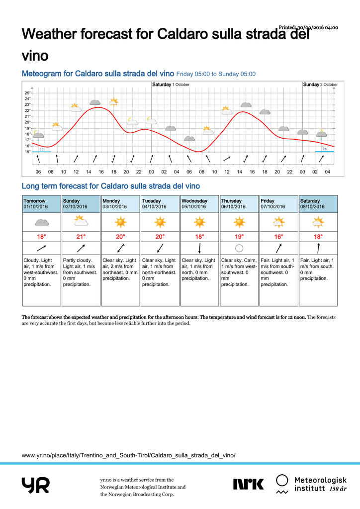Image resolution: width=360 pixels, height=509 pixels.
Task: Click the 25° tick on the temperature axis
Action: click(27, 93)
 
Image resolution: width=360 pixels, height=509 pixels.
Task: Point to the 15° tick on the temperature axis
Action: click(27, 152)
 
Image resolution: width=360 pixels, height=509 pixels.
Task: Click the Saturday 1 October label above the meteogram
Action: click(171, 85)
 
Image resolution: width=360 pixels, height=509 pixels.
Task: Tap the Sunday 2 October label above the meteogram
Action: click(320, 85)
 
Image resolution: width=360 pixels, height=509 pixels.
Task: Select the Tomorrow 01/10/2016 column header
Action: click(42, 204)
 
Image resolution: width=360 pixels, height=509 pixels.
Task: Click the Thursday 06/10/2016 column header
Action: click(239, 204)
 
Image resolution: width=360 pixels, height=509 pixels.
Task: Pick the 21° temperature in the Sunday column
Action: click(81, 237)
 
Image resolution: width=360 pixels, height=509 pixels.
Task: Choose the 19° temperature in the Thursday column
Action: click(239, 237)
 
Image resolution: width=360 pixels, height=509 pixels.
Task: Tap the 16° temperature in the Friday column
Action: click(279, 237)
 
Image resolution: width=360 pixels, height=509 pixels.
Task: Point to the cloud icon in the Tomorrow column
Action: click(42, 222)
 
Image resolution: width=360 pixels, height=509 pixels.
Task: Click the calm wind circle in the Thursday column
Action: click(239, 248)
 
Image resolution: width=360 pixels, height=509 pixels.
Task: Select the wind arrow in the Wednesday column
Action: click(199, 248)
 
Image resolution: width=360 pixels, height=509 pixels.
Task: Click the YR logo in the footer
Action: click(35, 485)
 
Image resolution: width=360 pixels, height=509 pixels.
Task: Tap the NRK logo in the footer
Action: click(248, 484)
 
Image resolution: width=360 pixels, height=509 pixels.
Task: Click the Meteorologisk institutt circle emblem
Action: click(282, 480)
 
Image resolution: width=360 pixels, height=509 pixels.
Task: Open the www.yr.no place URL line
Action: click(129, 455)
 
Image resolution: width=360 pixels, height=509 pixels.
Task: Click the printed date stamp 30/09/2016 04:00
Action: click(308, 27)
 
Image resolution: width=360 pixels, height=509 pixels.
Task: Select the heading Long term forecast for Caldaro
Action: click(111, 186)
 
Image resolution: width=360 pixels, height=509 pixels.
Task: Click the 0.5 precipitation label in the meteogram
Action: click(325, 149)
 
